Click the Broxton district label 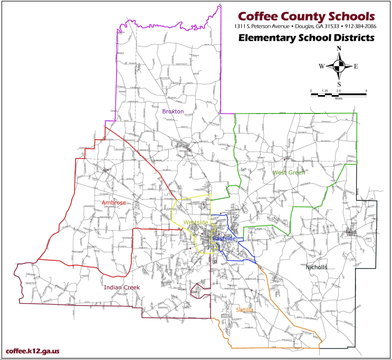(173, 111)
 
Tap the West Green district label (288, 173)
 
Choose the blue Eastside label (223, 239)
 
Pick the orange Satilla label (245, 310)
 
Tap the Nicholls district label (317, 267)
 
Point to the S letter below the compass (339, 84)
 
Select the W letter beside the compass (321, 67)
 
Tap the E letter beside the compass (356, 67)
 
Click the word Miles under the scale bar (339, 98)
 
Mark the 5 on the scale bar (366, 91)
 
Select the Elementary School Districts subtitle (305, 37)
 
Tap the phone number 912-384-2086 (357, 26)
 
